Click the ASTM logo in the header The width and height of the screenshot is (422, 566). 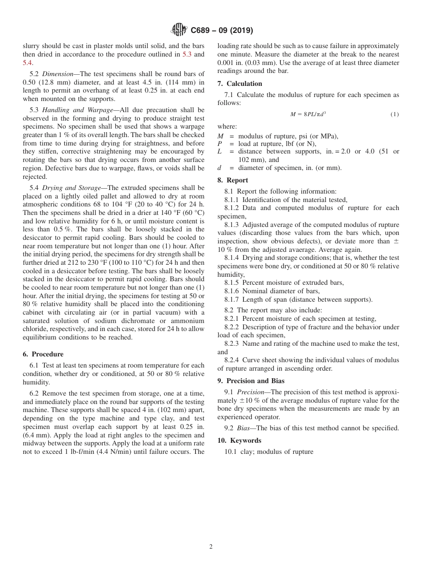tap(179, 30)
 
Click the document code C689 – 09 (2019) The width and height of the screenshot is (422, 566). tap(222, 31)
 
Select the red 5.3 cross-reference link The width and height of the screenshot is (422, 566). tap(187, 55)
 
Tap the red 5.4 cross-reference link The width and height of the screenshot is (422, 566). tap(27, 63)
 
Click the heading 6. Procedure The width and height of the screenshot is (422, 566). tap(43, 354)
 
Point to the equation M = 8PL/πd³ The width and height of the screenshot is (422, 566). tap(308, 114)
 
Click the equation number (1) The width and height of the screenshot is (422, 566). tap(394, 114)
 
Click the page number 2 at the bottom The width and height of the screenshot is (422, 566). tap(211, 547)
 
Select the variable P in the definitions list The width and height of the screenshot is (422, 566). tap(219, 144)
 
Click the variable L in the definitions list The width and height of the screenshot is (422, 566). tap(219, 152)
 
